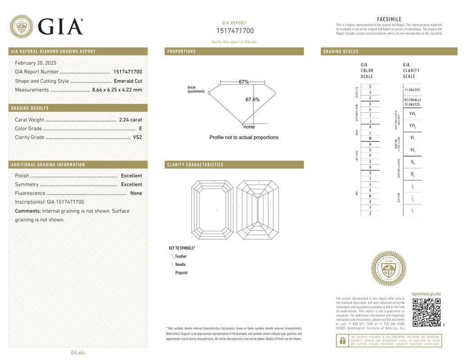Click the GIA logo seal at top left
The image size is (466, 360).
(21, 27)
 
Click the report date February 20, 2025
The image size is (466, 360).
(36, 63)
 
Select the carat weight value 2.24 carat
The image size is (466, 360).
(131, 120)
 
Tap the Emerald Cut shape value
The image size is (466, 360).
(128, 81)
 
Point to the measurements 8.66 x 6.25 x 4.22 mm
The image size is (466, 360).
(117, 90)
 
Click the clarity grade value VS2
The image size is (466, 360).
(137, 137)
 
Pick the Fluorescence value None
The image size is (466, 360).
(136, 193)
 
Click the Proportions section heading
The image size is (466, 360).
(181, 51)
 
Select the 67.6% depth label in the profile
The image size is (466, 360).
(253, 99)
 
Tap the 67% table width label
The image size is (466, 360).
(244, 82)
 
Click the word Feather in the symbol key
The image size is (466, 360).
(181, 256)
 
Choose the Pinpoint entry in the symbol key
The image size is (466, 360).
(181, 273)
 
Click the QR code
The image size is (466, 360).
(426, 312)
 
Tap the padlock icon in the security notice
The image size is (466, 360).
(343, 341)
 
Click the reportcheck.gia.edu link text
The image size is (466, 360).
(426, 294)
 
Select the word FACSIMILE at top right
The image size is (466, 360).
(389, 19)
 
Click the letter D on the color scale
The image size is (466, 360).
(370, 86)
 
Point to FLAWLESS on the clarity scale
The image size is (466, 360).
(412, 90)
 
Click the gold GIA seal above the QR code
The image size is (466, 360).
(388, 269)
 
